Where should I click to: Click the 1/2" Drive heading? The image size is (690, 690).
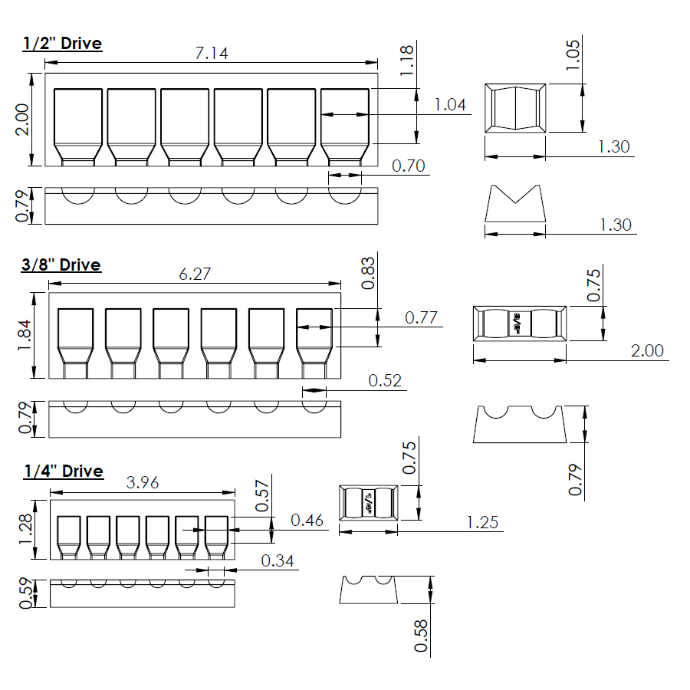point(62,43)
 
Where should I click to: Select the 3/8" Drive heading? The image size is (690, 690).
point(61,264)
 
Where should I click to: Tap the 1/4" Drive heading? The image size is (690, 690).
point(62,471)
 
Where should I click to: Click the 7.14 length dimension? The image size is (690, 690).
point(212,53)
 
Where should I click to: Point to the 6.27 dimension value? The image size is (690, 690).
point(195,274)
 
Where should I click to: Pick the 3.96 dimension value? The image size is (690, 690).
point(142,483)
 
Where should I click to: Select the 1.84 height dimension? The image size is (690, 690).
point(23,336)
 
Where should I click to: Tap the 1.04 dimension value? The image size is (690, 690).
point(451,105)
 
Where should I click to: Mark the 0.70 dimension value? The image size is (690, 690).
point(408,166)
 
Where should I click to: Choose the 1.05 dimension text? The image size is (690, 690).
point(572,54)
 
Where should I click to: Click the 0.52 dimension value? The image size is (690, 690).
point(385,380)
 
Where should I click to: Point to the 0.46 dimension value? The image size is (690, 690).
point(307,521)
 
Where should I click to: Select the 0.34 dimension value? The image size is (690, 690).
point(278,560)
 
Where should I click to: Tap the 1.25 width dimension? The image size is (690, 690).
point(482,523)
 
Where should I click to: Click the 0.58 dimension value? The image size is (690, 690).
point(420,636)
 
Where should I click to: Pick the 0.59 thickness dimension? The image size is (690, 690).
point(24,593)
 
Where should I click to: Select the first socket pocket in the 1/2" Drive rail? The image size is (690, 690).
point(77,125)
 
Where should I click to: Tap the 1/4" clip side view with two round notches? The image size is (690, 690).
point(369,589)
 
